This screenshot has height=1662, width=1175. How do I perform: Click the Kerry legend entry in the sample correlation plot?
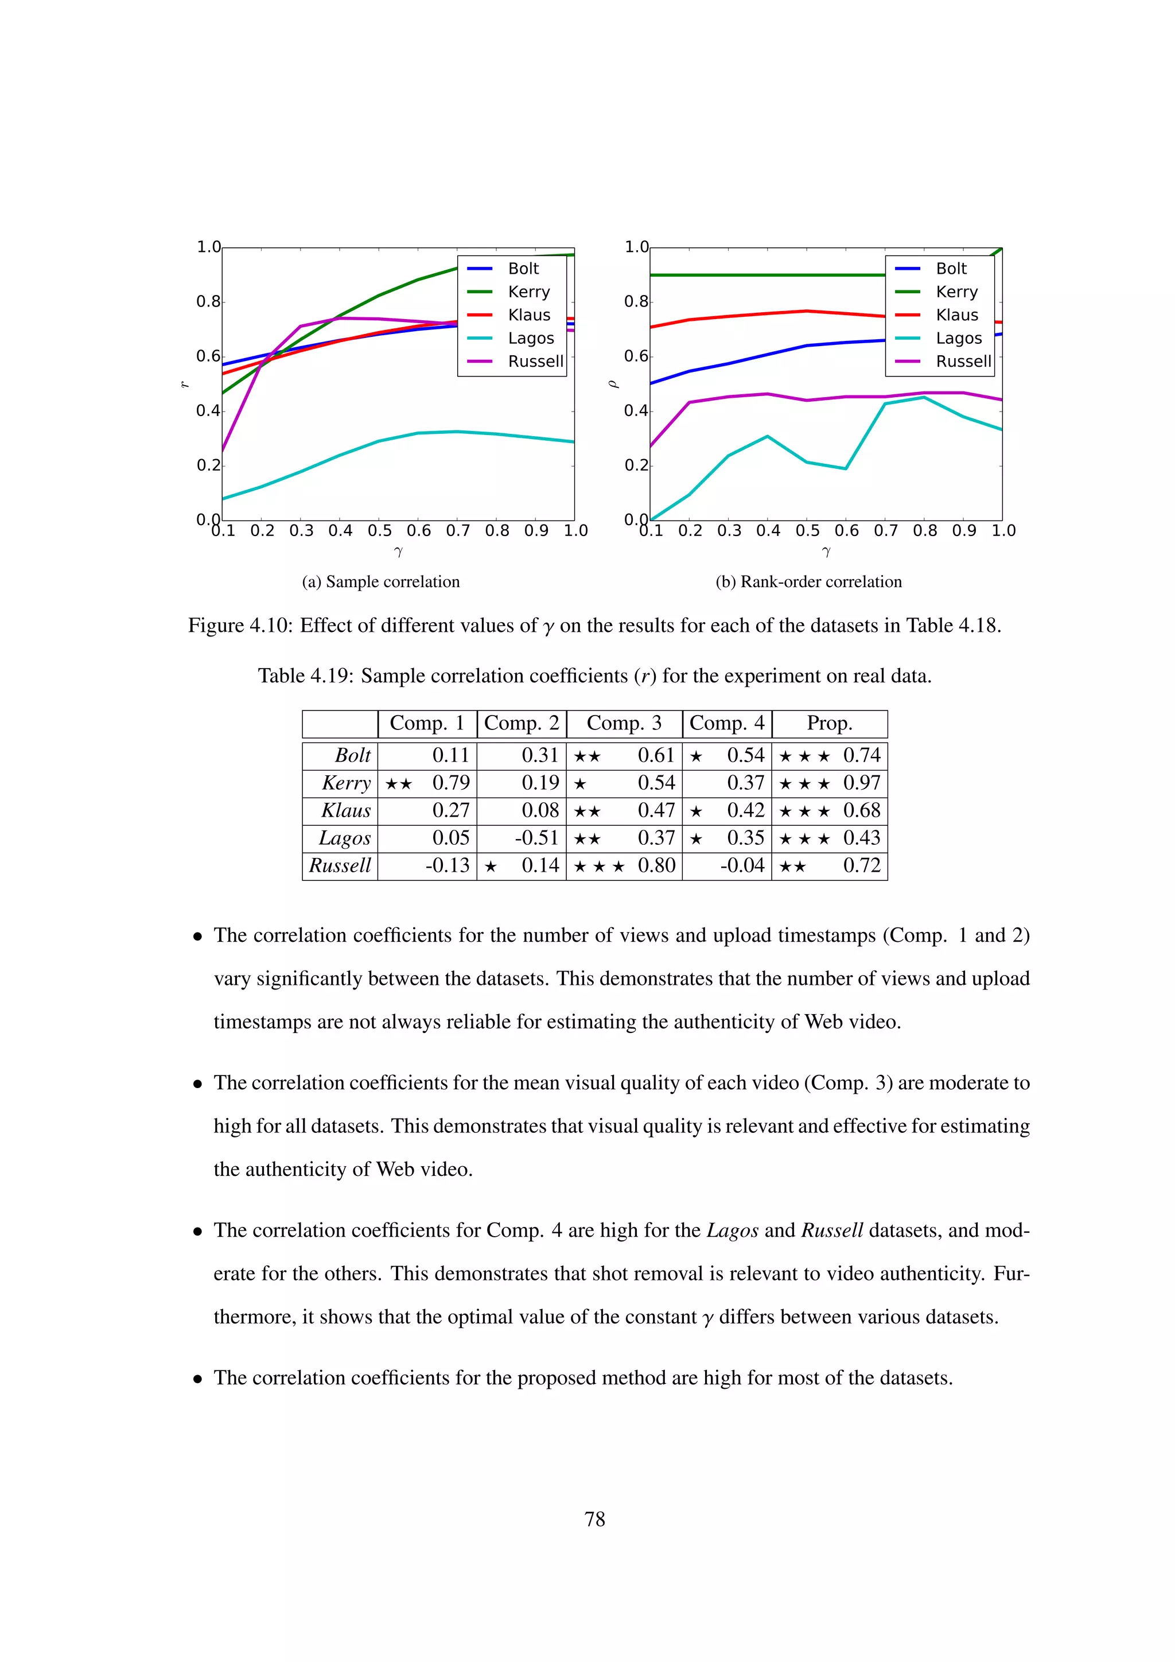[528, 292]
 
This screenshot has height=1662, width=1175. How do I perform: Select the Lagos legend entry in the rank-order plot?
[958, 338]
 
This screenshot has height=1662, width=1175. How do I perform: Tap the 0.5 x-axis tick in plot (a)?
[379, 531]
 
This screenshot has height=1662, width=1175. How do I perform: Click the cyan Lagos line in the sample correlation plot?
[340, 455]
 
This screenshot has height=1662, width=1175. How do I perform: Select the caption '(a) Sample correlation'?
[380, 582]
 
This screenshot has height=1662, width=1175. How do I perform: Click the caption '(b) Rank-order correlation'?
[808, 582]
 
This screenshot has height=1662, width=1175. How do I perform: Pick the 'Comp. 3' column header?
[624, 723]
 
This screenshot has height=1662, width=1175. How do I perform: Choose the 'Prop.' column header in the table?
[829, 723]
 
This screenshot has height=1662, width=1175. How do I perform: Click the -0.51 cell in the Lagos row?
[536, 838]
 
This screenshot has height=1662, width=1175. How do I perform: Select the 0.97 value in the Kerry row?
[861, 783]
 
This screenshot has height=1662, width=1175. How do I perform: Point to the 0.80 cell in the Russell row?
[656, 866]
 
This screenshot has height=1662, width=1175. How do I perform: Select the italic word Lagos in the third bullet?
[732, 1230]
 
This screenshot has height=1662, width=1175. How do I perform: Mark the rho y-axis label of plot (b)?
[613, 385]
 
